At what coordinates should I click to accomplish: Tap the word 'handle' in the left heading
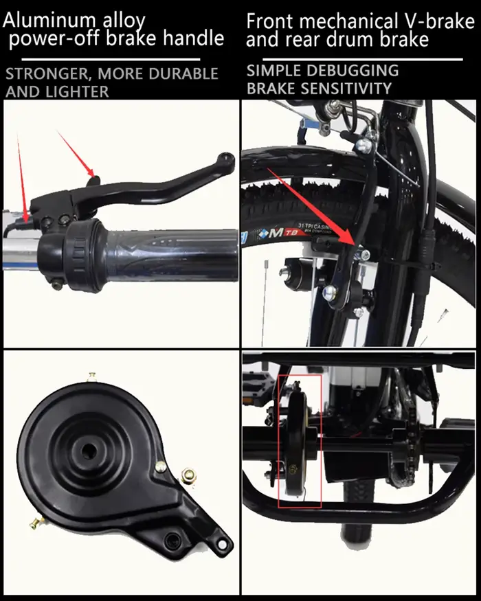click(193, 38)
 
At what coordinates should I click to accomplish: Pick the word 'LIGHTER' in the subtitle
click(78, 91)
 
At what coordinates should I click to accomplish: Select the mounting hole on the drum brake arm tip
click(222, 543)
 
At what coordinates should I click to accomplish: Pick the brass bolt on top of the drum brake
click(91, 377)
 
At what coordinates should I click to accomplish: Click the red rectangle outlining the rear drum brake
click(300, 442)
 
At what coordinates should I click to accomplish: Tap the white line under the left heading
click(111, 59)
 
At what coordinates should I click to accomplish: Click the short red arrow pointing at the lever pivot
click(76, 153)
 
